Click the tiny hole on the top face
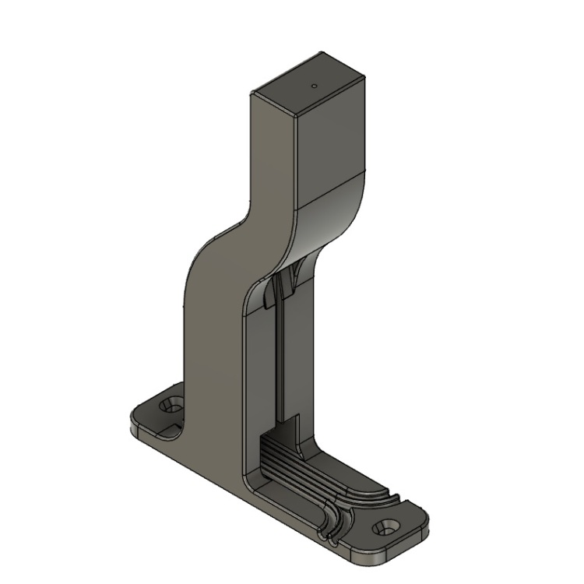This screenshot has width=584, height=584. (314, 86)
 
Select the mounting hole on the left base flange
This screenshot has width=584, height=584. (170, 406)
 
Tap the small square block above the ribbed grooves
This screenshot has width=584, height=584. (290, 430)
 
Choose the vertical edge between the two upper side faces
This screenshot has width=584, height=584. (298, 164)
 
